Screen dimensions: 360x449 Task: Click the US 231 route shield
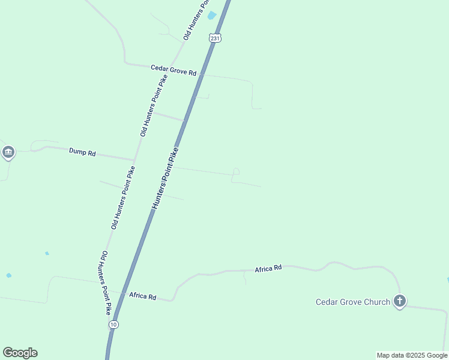(x=215, y=38)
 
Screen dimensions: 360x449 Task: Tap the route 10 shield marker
(x=113, y=324)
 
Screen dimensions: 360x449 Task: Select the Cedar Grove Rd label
(x=173, y=70)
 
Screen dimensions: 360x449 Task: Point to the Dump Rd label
(x=82, y=153)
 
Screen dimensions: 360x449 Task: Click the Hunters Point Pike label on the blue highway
(x=165, y=178)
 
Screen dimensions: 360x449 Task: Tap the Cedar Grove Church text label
(x=353, y=302)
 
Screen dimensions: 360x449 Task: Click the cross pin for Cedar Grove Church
(x=400, y=301)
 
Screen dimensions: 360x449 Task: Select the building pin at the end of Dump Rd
(x=8, y=152)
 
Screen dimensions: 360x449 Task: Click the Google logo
(x=20, y=353)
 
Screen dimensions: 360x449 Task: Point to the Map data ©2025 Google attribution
(x=412, y=355)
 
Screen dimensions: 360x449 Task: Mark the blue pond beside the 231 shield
(x=211, y=16)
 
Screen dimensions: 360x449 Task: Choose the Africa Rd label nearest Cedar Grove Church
(x=268, y=268)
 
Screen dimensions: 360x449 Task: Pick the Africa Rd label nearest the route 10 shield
(x=143, y=296)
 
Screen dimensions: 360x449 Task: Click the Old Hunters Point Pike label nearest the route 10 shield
(x=106, y=283)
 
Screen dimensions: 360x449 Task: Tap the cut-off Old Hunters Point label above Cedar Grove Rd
(x=195, y=20)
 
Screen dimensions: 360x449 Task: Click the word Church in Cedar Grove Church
(x=377, y=302)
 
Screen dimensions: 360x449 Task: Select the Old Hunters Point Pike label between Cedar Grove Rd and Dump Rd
(x=154, y=105)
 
